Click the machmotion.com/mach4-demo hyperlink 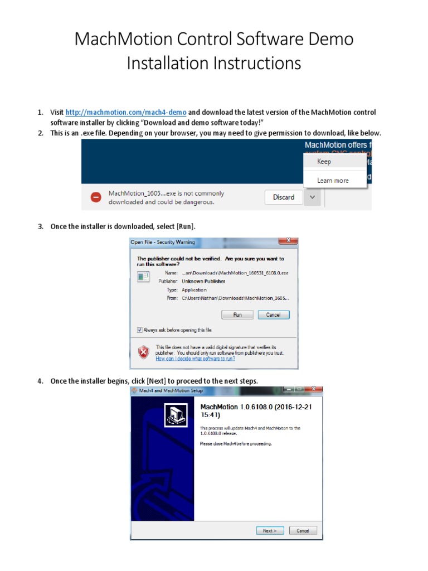click(x=126, y=113)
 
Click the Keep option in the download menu click(x=324, y=162)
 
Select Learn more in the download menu click(x=333, y=180)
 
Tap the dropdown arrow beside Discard click(x=313, y=197)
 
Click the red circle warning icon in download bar click(x=96, y=197)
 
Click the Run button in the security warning click(x=237, y=315)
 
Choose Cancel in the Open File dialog click(x=273, y=315)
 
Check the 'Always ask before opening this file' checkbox click(x=140, y=330)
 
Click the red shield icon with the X click(x=144, y=352)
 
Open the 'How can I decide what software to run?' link click(x=195, y=359)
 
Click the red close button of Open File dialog click(x=288, y=241)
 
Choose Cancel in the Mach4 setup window click(x=303, y=531)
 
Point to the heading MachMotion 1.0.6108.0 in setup click(x=256, y=411)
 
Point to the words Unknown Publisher click(x=203, y=282)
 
